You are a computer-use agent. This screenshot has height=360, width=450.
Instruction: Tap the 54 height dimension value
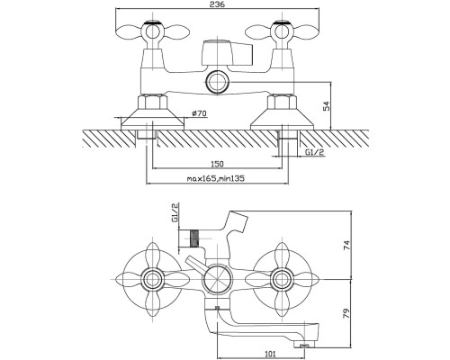326,106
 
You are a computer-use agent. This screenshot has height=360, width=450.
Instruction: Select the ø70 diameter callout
199,113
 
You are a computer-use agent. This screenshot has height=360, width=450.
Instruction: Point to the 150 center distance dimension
217,164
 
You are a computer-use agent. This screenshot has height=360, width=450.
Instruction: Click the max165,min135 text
216,179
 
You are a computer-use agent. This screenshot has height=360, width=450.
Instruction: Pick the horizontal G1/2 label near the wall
315,152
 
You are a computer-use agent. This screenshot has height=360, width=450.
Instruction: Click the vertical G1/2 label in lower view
175,212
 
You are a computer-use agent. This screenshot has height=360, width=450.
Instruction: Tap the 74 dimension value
346,245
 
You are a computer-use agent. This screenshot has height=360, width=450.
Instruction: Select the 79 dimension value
346,314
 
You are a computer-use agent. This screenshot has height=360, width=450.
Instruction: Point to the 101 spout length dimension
271,354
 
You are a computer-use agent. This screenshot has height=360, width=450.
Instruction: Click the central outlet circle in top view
218,82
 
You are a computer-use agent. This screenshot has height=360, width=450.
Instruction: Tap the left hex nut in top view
152,102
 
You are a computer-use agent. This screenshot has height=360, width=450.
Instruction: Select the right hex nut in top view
282,102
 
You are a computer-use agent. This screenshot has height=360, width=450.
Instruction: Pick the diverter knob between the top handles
227,53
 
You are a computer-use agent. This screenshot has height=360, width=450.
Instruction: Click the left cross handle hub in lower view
152,279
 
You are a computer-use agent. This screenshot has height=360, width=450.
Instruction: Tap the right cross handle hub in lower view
282,279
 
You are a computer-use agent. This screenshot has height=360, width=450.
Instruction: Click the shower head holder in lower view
238,222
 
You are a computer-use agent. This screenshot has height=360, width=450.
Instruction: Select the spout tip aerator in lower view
303,346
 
